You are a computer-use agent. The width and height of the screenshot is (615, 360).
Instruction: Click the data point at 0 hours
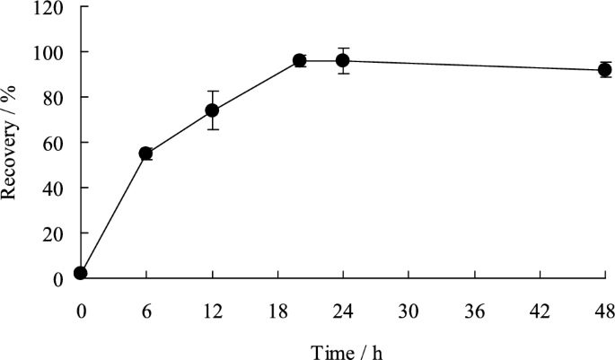tap(81, 273)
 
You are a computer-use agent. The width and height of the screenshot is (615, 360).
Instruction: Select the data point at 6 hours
tap(146, 154)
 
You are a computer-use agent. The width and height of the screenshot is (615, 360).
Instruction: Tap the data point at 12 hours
tap(212, 110)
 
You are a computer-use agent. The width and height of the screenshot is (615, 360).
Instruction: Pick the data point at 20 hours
tap(300, 61)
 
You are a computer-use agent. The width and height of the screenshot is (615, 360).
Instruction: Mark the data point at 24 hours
tap(343, 61)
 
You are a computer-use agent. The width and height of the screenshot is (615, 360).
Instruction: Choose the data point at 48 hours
tap(605, 70)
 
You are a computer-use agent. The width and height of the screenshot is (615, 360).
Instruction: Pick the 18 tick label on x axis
tap(277, 312)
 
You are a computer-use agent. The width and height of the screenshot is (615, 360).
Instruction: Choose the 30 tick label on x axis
tap(409, 312)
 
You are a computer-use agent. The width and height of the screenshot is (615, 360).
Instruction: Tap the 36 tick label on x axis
tap(474, 312)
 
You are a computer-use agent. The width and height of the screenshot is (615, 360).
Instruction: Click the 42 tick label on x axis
tap(540, 312)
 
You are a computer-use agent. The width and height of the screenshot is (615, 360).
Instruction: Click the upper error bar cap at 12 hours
tap(212, 91)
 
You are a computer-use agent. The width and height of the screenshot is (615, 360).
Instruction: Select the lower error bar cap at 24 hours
tap(343, 74)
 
